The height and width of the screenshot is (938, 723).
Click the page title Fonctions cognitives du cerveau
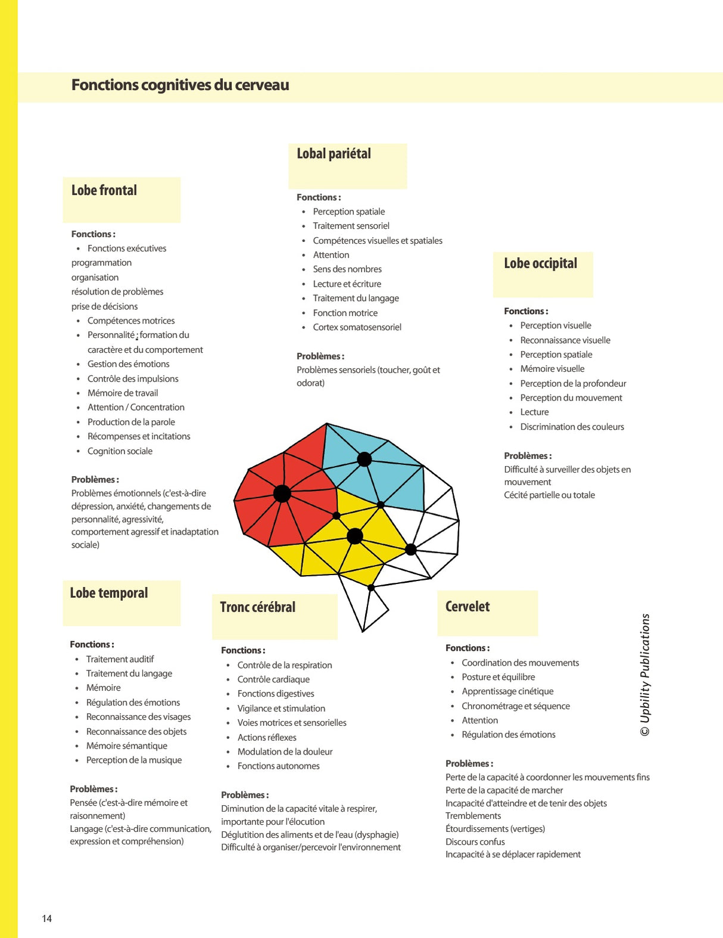coord(180,85)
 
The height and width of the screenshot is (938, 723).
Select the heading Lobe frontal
coord(104,191)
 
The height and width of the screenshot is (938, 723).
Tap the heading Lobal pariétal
coord(334,154)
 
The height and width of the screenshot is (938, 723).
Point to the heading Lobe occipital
coord(540,263)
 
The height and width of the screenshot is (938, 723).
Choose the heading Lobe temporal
coord(109,593)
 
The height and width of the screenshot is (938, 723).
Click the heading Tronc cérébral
coord(257,607)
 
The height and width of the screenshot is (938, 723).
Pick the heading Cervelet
coord(468,607)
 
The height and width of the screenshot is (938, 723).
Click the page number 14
coord(47,918)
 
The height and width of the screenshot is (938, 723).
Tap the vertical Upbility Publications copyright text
coord(645,675)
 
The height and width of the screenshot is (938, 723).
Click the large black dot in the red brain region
coord(282,493)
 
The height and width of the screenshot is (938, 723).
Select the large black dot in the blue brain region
coord(364,459)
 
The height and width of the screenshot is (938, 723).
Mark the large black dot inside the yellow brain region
coord(355,536)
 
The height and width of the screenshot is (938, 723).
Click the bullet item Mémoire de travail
coord(123,393)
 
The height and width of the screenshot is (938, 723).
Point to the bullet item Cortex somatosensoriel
coord(357,327)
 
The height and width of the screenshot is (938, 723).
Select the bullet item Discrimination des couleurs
coord(572,427)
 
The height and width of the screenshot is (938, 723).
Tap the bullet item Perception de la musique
coord(134,760)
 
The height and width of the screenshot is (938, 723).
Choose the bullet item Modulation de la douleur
coord(285,752)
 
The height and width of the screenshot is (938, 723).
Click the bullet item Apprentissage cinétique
coord(507,691)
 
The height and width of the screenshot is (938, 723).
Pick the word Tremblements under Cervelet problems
coord(473,816)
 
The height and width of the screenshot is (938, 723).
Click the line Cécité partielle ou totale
coord(549,495)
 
